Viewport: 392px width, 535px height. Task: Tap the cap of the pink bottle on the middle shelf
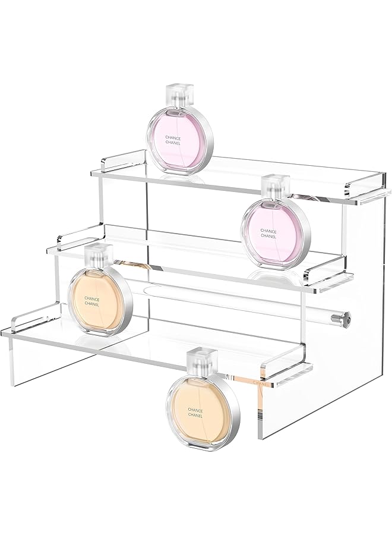(x=274, y=185)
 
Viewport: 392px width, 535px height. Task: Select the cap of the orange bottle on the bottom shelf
(x=100, y=256)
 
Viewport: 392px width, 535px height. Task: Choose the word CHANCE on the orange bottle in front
(x=195, y=410)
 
